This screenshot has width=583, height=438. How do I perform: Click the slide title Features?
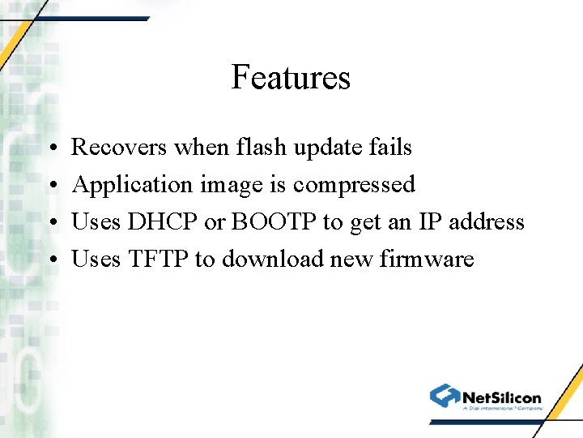[291, 78]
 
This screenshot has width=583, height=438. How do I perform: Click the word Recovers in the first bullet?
[119, 148]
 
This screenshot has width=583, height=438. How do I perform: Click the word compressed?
[354, 185]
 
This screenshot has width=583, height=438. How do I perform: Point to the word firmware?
[426, 260]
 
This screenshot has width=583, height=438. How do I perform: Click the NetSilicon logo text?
[501, 397]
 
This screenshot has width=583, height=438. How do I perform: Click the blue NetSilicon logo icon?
[445, 396]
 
